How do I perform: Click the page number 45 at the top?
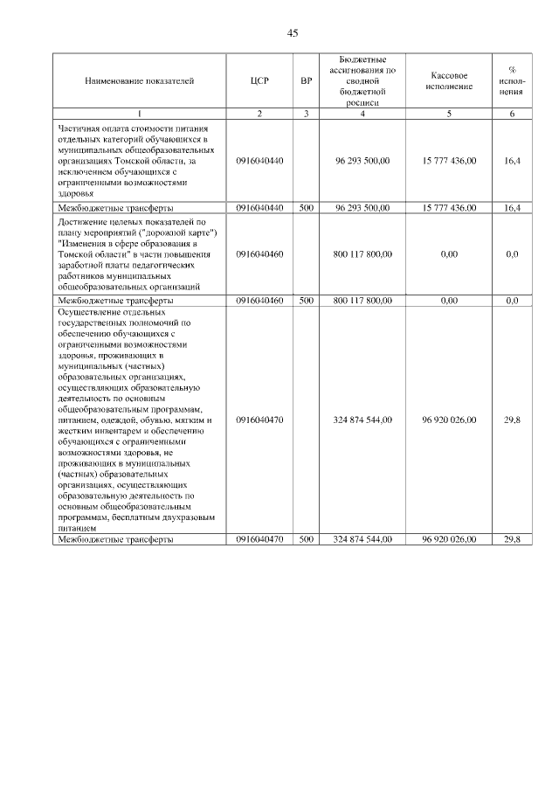pyautogui.click(x=293, y=33)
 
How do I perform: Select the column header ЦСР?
pyautogui.click(x=259, y=81)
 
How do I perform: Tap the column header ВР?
pyautogui.click(x=306, y=81)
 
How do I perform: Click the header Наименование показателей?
pyautogui.click(x=140, y=81)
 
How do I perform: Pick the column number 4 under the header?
pyautogui.click(x=362, y=114)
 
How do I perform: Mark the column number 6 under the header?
pyautogui.click(x=513, y=114)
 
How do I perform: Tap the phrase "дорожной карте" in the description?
pyautogui.click(x=186, y=234)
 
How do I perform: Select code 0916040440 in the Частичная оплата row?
pyautogui.click(x=259, y=161)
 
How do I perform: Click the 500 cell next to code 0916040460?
pyautogui.click(x=306, y=301)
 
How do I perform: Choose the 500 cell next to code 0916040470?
pyautogui.click(x=306, y=540)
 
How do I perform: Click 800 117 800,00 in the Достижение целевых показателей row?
pyautogui.click(x=362, y=253)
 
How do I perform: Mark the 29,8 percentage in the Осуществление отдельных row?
pyautogui.click(x=513, y=420)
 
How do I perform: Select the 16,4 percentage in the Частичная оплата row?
pyautogui.click(x=513, y=161)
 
